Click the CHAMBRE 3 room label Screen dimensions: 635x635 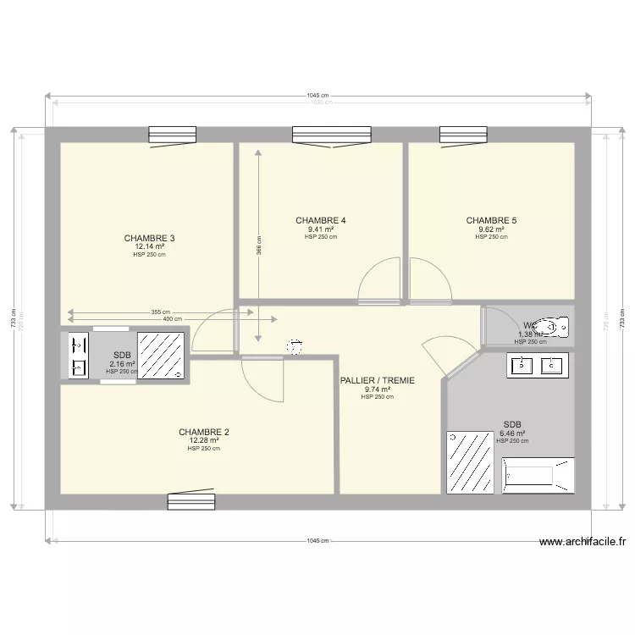coord(149,238)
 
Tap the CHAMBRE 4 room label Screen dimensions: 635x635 coord(320,220)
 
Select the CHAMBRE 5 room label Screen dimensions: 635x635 coord(491,220)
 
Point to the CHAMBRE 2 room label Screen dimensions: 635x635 coord(203,432)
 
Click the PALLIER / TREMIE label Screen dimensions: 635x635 coord(377,381)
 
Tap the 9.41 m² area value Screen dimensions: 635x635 coord(320,229)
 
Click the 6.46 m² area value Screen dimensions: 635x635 coord(512,433)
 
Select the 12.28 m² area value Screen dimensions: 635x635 coord(203,440)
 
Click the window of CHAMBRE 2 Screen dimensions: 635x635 coord(190,501)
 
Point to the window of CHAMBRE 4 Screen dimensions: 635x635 coord(332,135)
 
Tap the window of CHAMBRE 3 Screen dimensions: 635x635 coord(173,135)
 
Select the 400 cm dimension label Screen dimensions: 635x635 coord(172,319)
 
